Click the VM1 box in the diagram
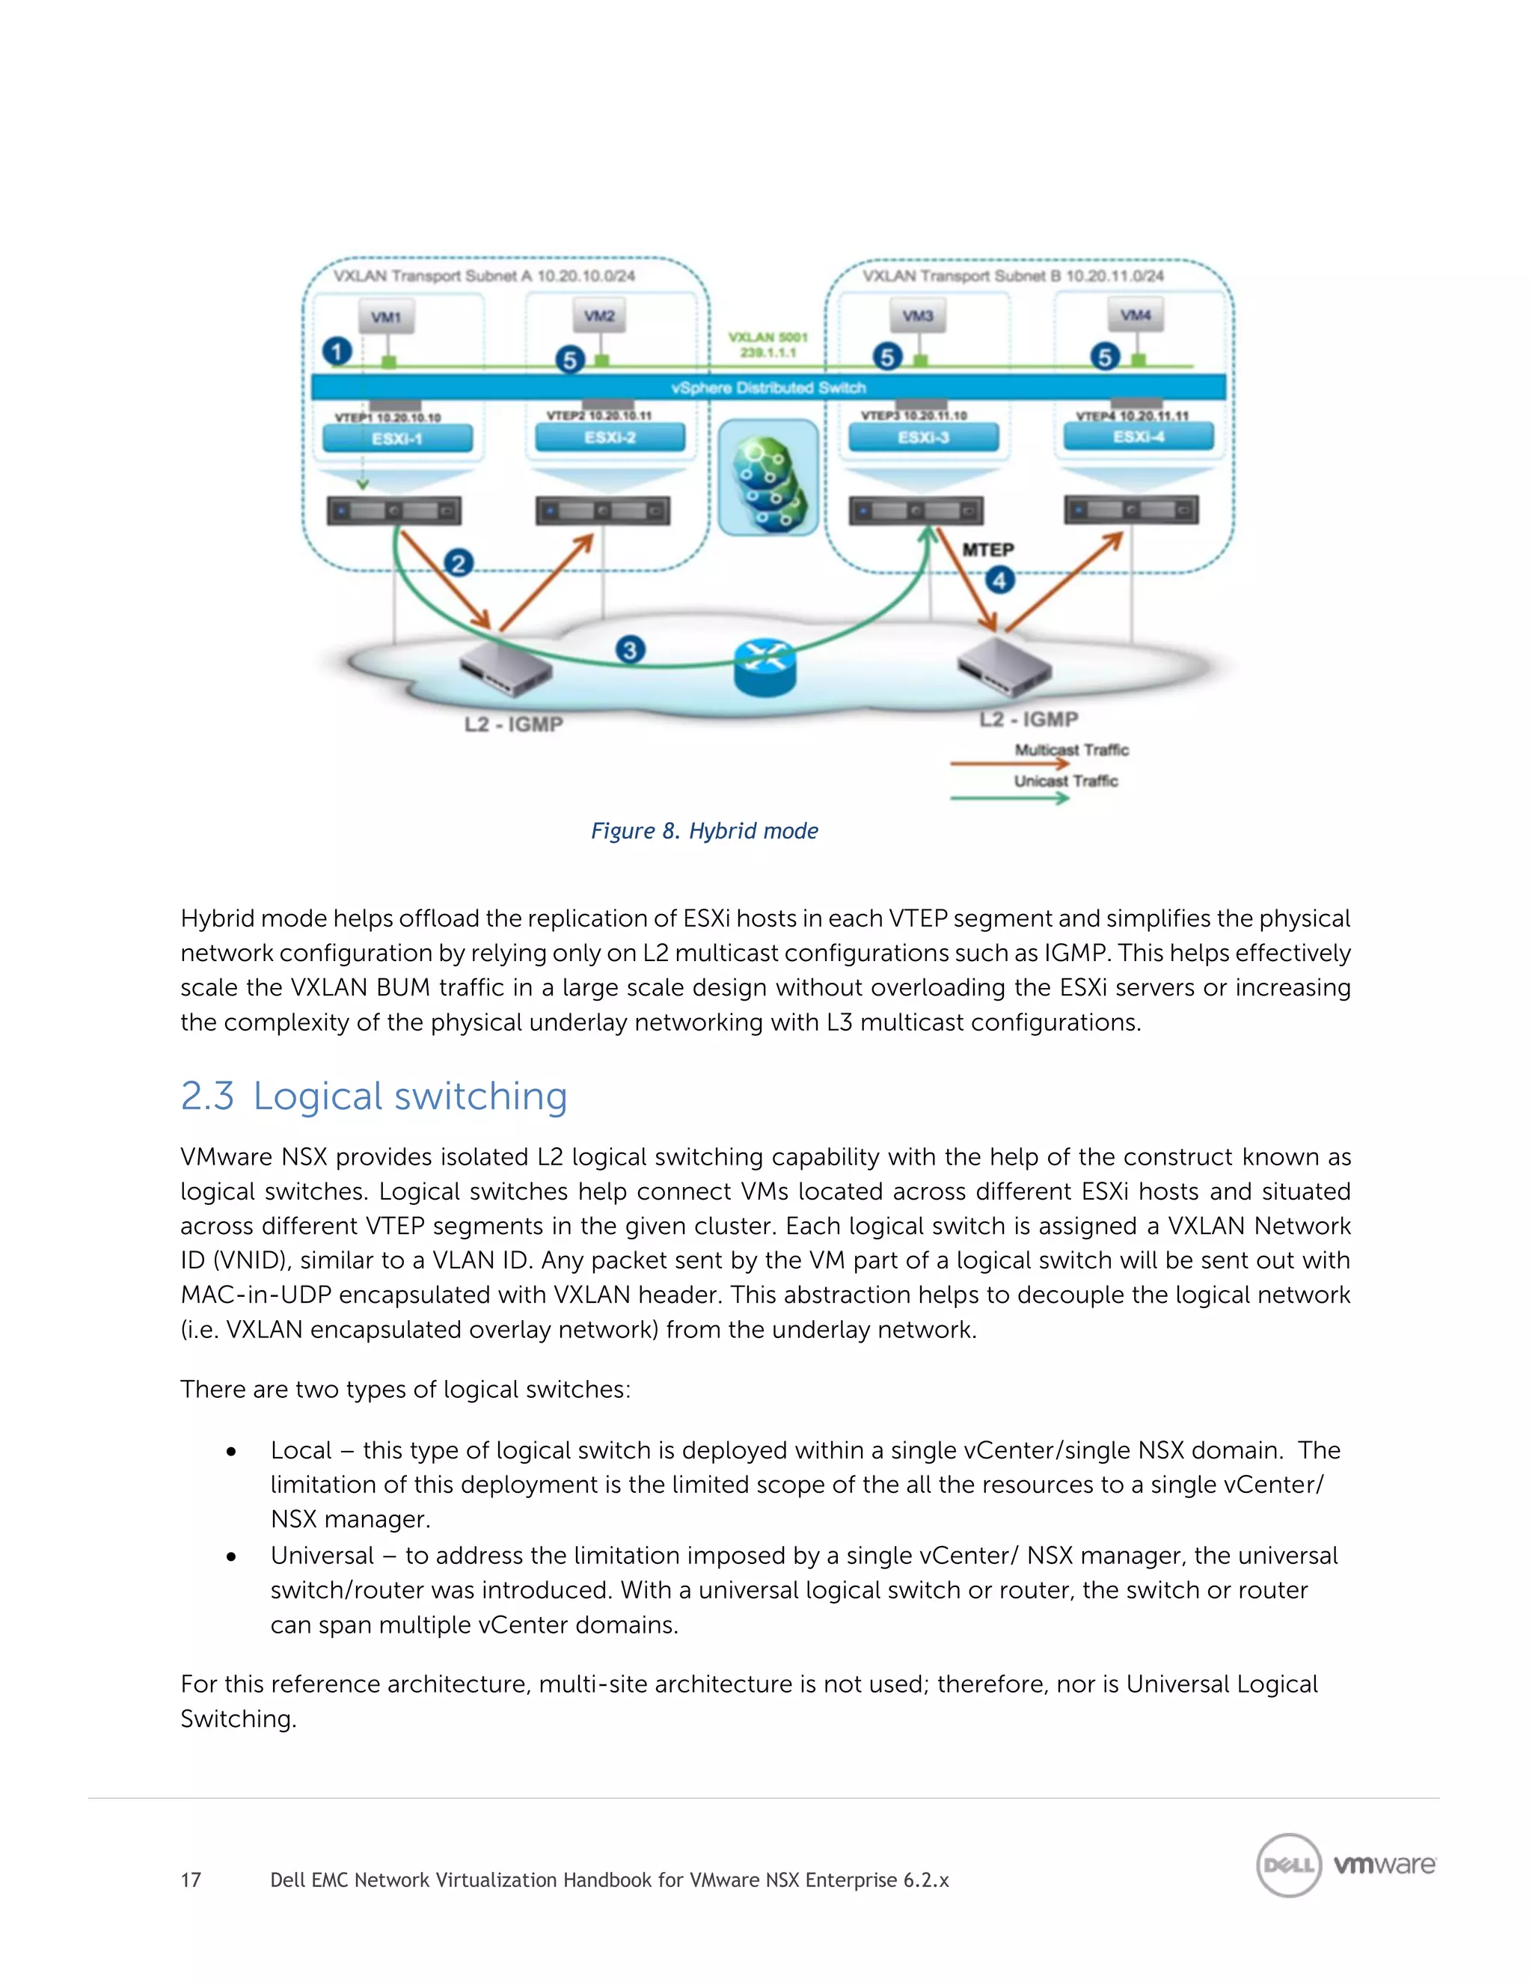pos(386,316)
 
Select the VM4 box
pos(1136,315)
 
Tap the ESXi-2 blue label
pos(610,438)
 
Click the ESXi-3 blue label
pos(923,438)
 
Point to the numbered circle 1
pos(337,352)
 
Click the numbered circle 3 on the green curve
pos(630,650)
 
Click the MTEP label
pos(987,550)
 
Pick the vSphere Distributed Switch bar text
pos(767,387)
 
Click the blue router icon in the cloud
pos(765,667)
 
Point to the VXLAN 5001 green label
pos(767,337)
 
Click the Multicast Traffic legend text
pos(1071,749)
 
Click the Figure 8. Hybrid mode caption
pos(704,830)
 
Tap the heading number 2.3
pos(207,1096)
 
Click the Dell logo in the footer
pos(1288,1865)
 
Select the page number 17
pos(191,1880)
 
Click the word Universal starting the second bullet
pos(322,1556)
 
